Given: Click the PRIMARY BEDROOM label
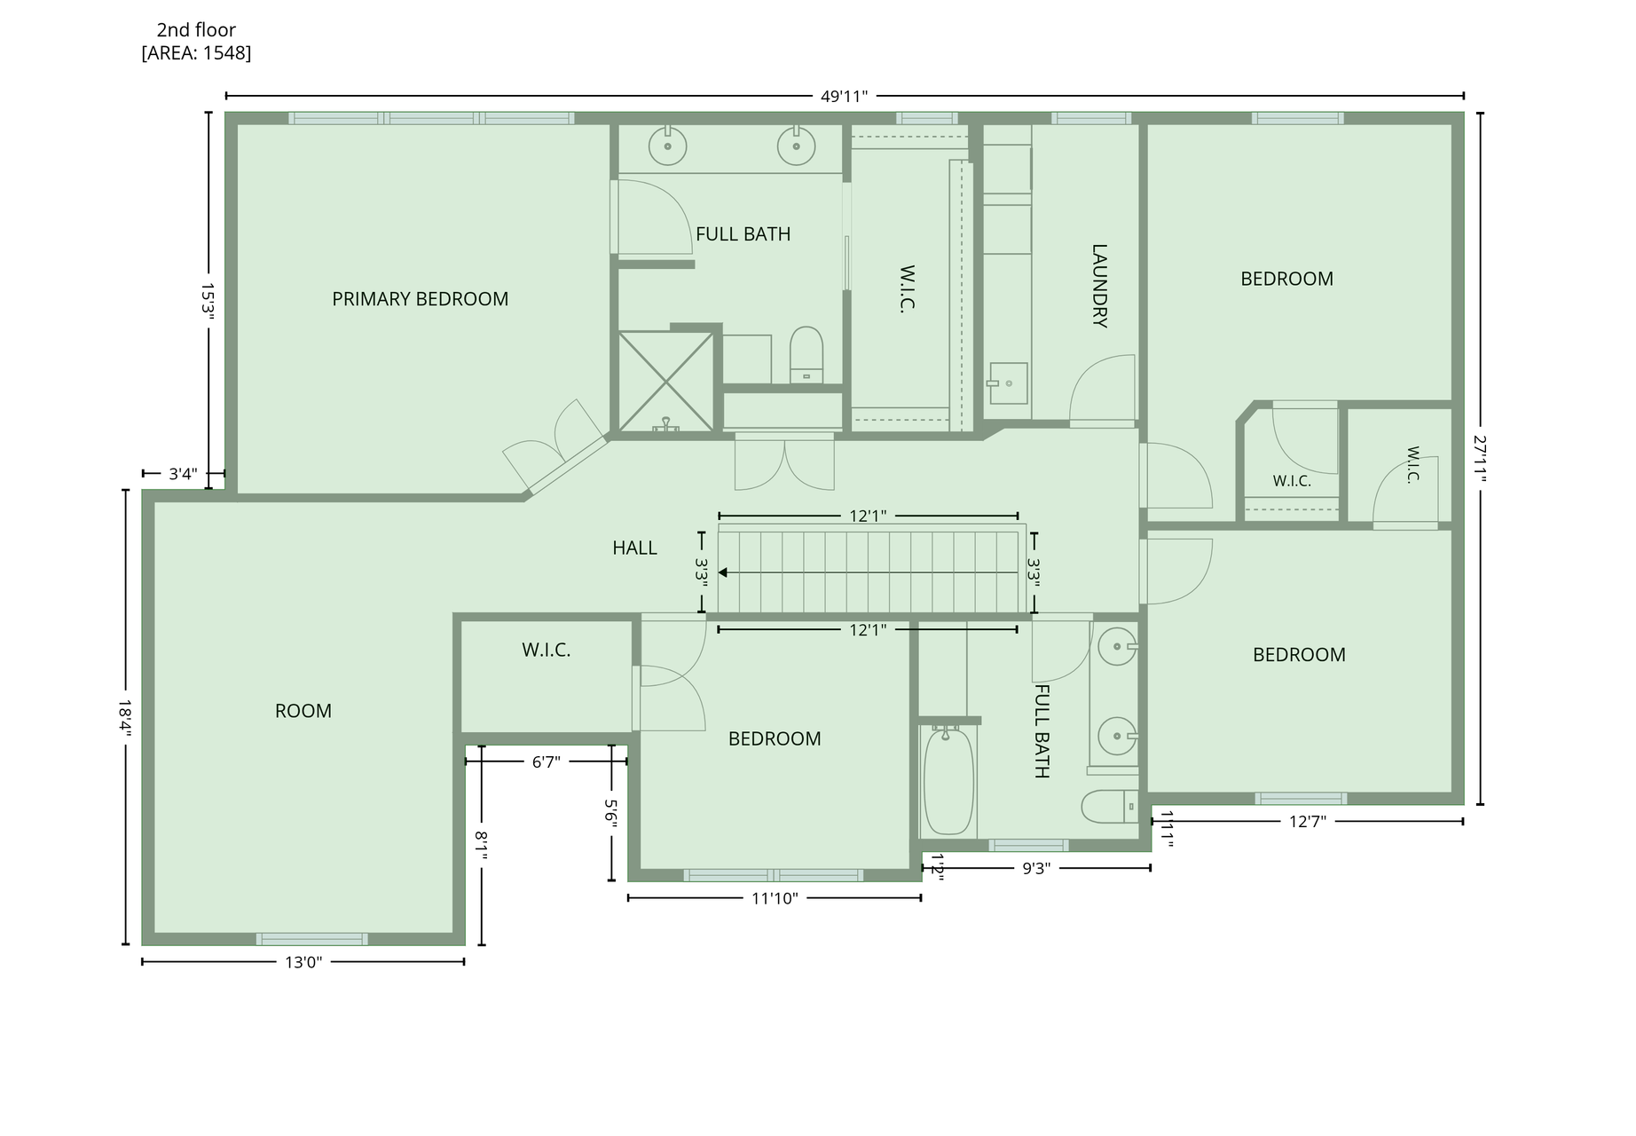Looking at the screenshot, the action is [x=420, y=299].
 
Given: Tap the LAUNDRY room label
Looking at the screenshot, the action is [x=1099, y=286].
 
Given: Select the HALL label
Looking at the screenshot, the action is [x=634, y=548].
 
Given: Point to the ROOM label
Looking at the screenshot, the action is [x=303, y=711].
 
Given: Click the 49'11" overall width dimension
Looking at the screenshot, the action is [x=844, y=96].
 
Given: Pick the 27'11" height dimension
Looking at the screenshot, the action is [x=1480, y=458].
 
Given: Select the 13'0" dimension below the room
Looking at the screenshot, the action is [x=303, y=962].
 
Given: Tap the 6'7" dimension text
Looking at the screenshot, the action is [x=547, y=761].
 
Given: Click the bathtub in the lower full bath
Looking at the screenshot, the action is [x=948, y=779].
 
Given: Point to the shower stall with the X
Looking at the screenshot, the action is [x=665, y=382].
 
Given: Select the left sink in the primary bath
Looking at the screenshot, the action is [x=667, y=146].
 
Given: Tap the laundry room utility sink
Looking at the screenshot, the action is [x=1008, y=383].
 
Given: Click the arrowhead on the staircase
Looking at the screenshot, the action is [x=723, y=573].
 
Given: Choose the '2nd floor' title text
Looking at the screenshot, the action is [x=196, y=30].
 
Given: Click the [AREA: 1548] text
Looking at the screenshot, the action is [x=196, y=53].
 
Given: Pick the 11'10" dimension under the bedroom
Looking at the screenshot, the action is [x=775, y=898].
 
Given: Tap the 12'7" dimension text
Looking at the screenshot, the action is [x=1308, y=822].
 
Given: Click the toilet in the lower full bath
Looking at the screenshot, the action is [x=1109, y=807].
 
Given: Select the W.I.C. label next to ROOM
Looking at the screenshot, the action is [x=546, y=651].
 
